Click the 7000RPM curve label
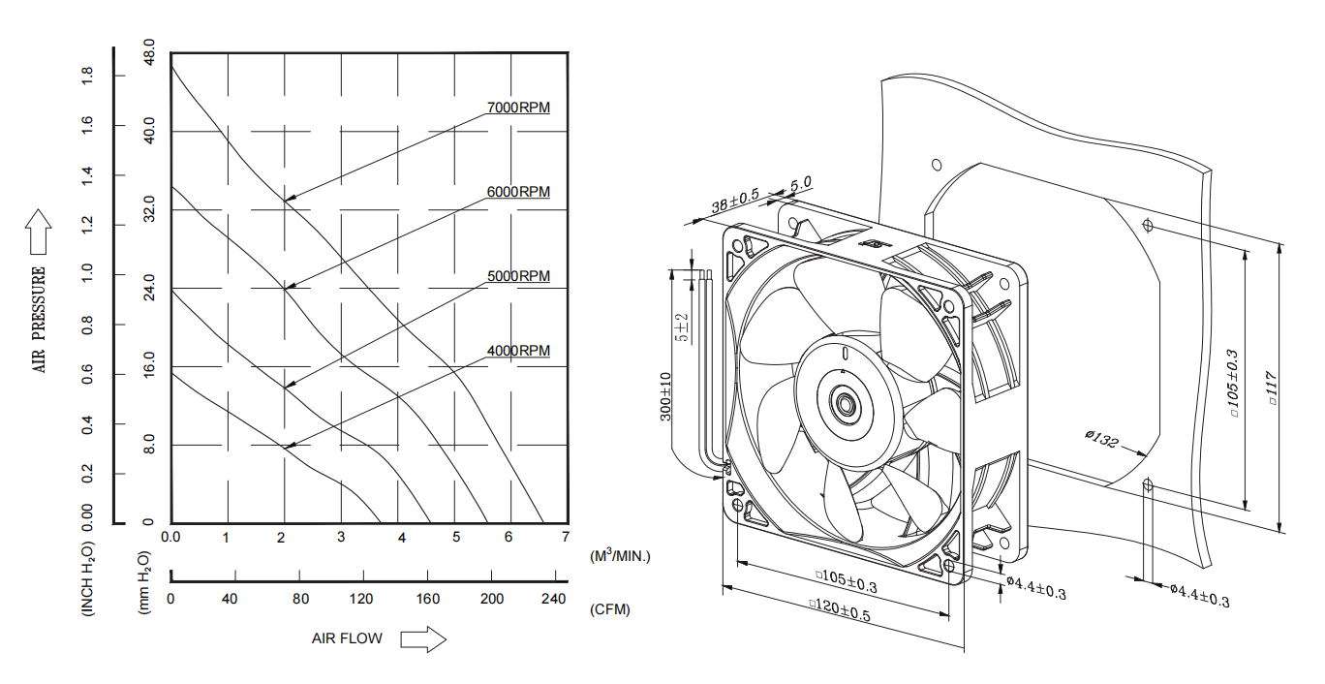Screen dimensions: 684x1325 pos(518,108)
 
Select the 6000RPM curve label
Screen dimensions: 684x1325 pos(518,192)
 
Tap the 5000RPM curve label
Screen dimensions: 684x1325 pos(518,276)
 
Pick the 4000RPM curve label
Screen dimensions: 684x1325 pos(518,350)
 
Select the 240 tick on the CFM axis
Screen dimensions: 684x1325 pos(553,599)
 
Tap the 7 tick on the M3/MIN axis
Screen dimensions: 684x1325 pos(565,537)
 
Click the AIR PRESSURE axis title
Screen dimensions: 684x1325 pos(40,320)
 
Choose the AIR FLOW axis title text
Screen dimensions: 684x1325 pos(347,638)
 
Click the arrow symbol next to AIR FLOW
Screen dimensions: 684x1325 pos(422,638)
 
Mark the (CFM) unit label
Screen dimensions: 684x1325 pos(609,609)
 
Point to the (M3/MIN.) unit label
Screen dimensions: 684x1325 pos(621,556)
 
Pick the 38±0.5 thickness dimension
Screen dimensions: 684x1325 pos(735,202)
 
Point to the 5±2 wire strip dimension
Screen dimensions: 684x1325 pos(683,327)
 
